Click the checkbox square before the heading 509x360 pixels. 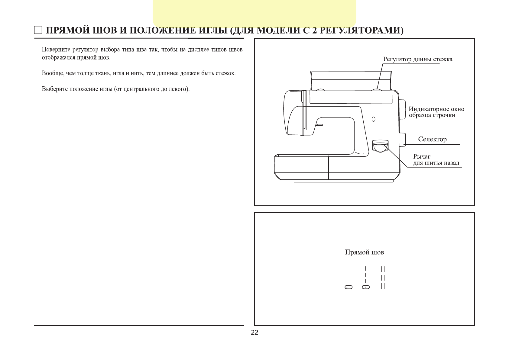pos(38,30)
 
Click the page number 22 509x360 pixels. pos(254,333)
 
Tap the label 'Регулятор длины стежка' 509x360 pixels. pos(418,59)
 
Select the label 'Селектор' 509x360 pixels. pos(432,139)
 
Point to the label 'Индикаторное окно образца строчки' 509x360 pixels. pos(436,112)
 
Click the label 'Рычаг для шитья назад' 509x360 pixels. pos(436,160)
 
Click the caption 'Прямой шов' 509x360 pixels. pos(364,252)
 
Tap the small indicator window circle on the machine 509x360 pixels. pos(374,119)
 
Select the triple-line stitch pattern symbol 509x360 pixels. pos(383,278)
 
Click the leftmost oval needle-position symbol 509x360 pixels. pos(349,287)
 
